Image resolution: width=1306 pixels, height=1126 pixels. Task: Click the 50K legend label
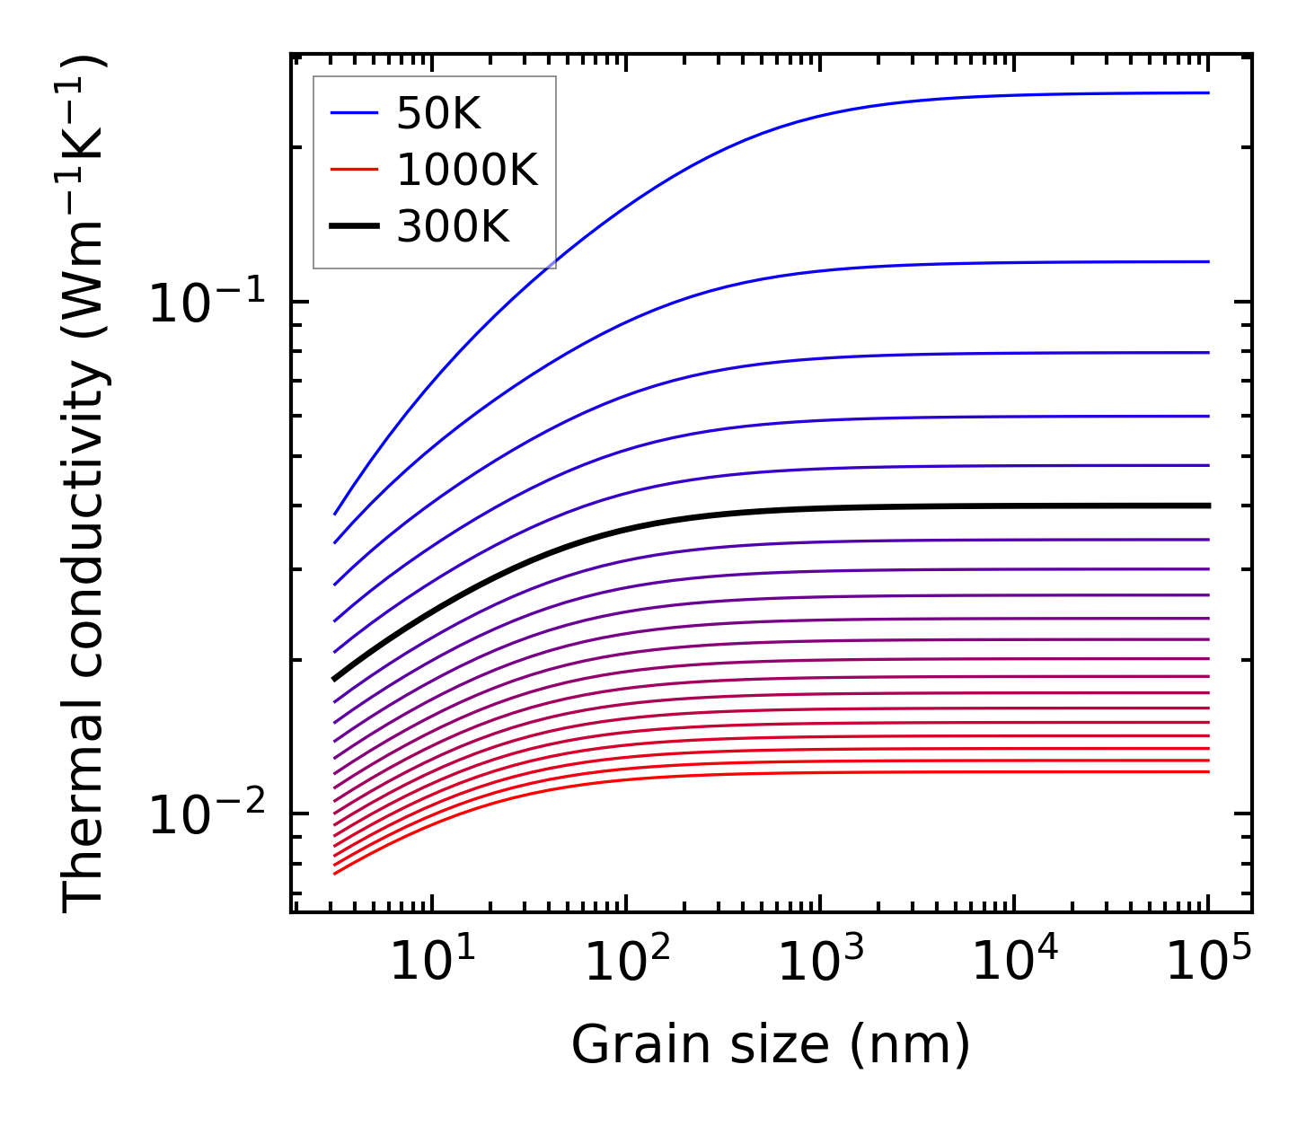439,114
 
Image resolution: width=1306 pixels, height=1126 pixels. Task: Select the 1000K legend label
467,171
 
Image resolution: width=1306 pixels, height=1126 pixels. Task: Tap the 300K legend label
453,227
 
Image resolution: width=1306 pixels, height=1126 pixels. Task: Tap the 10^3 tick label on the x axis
821,963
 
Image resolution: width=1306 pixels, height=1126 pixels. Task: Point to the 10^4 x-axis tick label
1015,963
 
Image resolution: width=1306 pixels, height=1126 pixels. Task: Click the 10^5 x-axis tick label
1209,963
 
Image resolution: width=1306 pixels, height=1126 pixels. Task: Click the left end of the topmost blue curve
335,514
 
